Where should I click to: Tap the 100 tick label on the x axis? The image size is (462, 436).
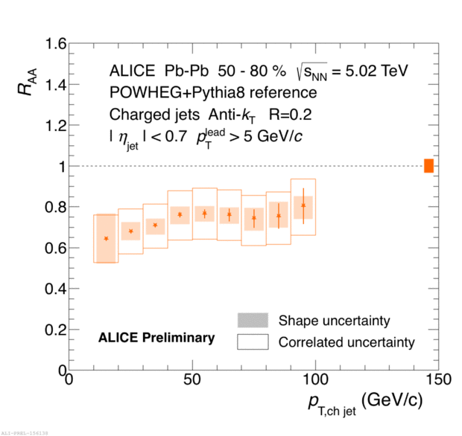click(316, 380)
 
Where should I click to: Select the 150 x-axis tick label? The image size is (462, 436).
click(439, 380)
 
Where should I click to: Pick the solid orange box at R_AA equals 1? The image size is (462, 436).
click(428, 166)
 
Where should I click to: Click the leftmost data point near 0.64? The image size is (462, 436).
click(106, 239)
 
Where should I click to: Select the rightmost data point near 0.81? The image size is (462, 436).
click(303, 205)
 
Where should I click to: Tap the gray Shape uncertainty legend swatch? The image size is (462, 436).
click(253, 321)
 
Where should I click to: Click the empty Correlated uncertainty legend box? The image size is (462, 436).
click(253, 342)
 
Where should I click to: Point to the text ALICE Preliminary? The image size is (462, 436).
click(156, 338)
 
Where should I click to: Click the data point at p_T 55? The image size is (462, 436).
click(204, 214)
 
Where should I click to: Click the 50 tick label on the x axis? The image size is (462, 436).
click(192, 380)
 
